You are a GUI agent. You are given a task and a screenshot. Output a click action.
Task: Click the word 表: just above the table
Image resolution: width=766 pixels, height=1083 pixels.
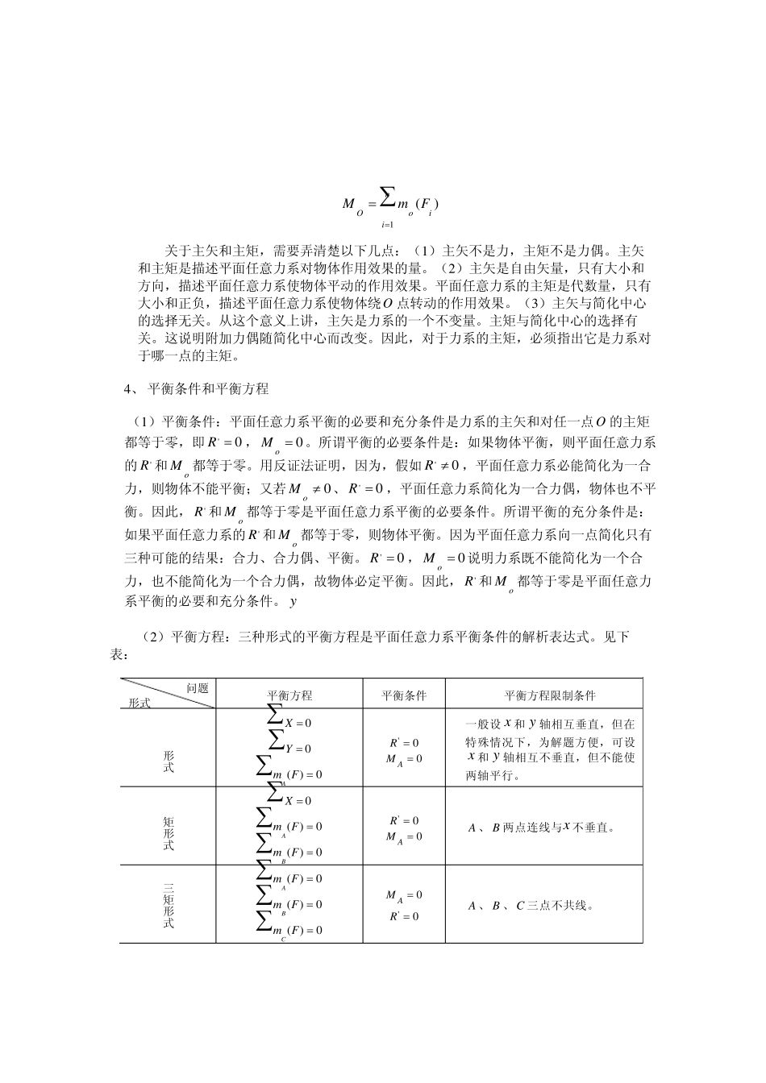118,655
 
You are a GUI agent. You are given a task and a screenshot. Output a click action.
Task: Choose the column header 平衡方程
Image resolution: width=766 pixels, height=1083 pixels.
289,695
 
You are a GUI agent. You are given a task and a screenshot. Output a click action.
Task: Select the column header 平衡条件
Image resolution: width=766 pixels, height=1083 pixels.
404,695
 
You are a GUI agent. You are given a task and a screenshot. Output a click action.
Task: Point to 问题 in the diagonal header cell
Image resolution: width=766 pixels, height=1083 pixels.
198,687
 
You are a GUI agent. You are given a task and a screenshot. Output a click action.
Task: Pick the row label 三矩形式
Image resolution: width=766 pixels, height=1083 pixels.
169,906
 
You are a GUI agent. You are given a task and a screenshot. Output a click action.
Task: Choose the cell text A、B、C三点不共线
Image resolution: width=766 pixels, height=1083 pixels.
531,905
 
